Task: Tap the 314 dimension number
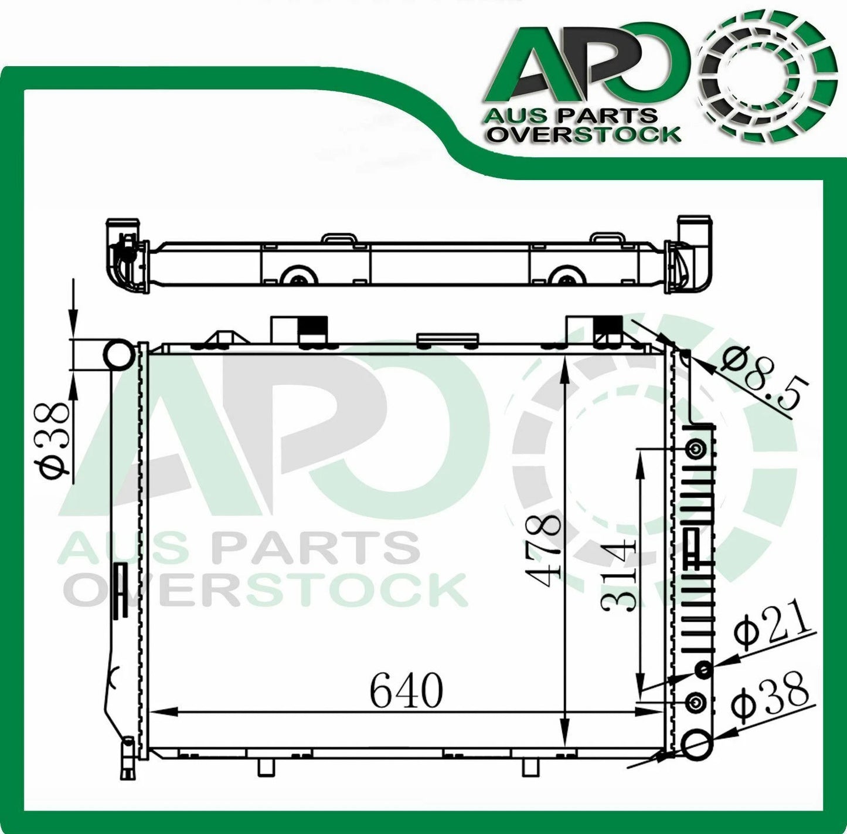click(x=619, y=577)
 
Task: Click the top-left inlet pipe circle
click(x=118, y=354)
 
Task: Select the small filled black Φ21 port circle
click(x=703, y=669)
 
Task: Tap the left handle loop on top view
click(x=339, y=239)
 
